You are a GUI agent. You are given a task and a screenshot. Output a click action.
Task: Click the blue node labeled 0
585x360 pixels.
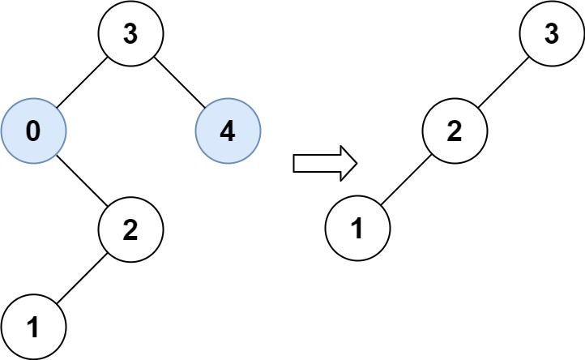(x=33, y=131)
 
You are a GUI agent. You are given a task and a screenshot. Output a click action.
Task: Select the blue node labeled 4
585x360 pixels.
(x=228, y=131)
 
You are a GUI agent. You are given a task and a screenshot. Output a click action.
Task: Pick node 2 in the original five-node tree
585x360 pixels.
(x=130, y=229)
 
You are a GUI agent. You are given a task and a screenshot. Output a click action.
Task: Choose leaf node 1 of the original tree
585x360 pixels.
(x=33, y=327)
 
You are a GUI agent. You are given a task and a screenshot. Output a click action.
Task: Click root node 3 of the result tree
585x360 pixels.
(x=552, y=35)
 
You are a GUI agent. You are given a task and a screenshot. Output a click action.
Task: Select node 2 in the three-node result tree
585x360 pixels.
(x=455, y=131)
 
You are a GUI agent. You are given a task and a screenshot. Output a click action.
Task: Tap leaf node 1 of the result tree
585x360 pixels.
(x=357, y=229)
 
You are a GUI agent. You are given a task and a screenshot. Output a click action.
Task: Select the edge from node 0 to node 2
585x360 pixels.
(x=82, y=181)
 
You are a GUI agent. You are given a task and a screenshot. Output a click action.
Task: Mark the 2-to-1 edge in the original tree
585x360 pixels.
(x=82, y=278)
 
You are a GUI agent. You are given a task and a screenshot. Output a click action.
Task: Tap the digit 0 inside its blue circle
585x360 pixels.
(x=33, y=131)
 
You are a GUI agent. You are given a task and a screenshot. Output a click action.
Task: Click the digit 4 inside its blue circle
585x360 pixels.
(x=228, y=131)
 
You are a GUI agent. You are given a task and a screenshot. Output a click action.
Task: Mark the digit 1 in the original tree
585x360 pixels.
(x=33, y=327)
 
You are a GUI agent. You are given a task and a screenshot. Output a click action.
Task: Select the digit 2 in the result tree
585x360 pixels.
(x=455, y=131)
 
